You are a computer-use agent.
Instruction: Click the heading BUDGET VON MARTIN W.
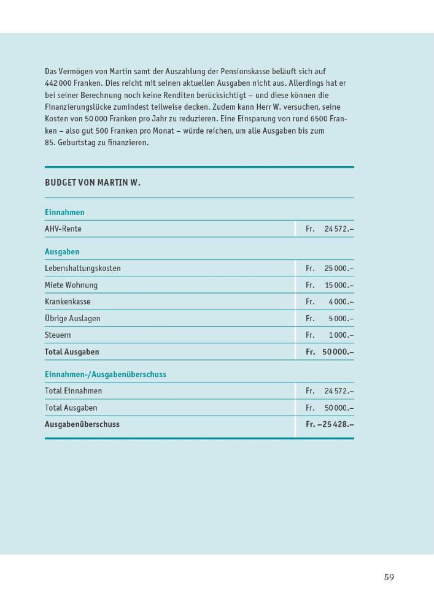[93, 183]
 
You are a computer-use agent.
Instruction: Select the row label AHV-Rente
[63, 229]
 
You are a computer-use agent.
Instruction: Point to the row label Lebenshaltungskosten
[83, 268]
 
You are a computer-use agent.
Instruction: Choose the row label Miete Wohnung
[71, 285]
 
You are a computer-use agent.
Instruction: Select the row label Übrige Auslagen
[72, 319]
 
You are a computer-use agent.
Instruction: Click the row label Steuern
[58, 335]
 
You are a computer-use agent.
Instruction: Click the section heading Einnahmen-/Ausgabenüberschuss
[106, 374]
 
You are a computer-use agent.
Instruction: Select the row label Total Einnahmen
[74, 391]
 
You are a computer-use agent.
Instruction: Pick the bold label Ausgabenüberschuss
[82, 424]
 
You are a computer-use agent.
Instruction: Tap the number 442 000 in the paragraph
[60, 83]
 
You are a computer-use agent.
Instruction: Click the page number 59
[389, 577]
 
